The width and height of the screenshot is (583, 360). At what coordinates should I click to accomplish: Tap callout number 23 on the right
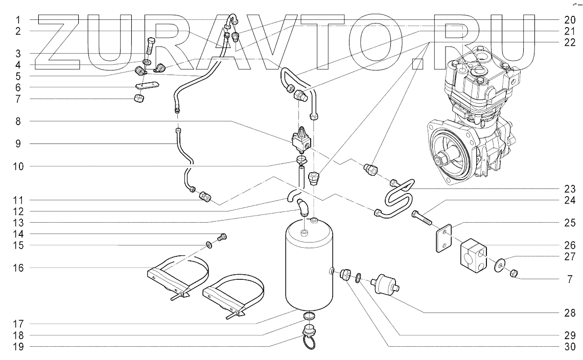pos(570,187)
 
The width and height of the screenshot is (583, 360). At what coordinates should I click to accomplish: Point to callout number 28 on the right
pos(570,312)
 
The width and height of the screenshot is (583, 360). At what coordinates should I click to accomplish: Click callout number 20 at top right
pos(570,19)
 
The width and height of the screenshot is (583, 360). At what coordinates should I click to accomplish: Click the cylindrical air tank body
pos(307,271)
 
